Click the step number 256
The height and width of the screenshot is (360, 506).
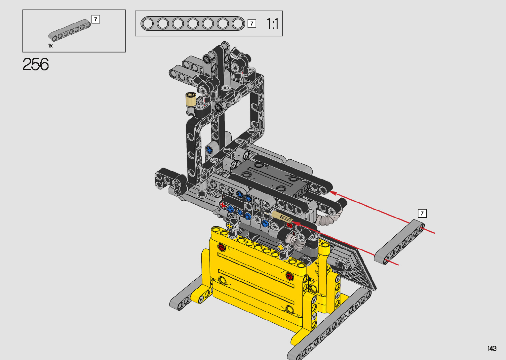(36, 64)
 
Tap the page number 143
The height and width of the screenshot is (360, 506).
(492, 348)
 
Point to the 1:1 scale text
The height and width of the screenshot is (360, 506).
(272, 24)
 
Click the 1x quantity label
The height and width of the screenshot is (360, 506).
(50, 46)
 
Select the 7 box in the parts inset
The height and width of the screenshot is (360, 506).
(96, 19)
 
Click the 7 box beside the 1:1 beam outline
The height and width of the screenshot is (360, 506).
(252, 23)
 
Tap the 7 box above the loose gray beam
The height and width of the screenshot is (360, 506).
(422, 213)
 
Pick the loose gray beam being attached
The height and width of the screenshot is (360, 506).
(399, 242)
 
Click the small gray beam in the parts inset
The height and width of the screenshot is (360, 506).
(70, 30)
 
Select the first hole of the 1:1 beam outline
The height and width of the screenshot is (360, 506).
(147, 23)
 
